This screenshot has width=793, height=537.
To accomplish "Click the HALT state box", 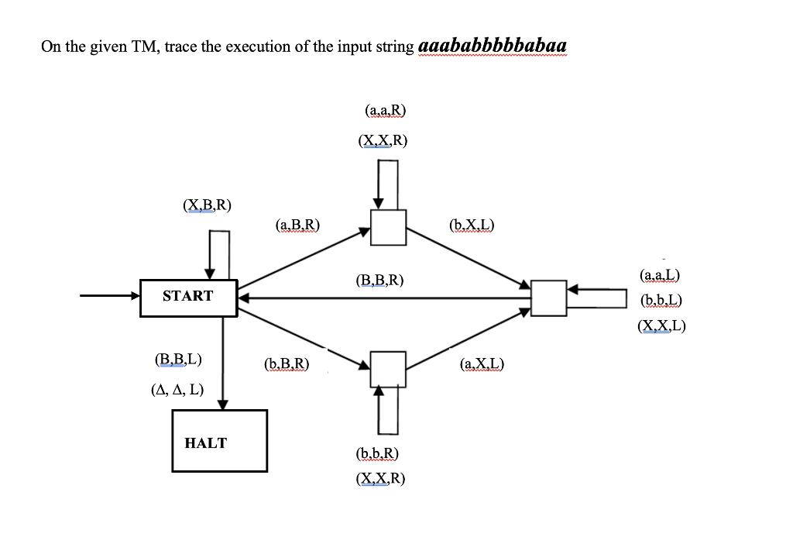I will coord(219,441).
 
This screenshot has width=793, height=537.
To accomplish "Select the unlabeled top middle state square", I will coord(388,226).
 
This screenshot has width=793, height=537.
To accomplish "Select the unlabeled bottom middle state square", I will coord(388,368).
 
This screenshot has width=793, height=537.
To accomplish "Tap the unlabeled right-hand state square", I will coord(549,298).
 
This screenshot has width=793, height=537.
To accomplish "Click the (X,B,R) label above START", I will coord(207,205).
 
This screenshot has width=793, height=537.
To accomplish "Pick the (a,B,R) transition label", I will coord(297,225).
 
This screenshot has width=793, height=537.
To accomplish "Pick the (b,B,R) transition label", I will coord(287,363).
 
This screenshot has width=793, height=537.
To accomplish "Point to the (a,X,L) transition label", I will coord(482,363).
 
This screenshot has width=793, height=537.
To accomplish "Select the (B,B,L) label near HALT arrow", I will coord(179,360).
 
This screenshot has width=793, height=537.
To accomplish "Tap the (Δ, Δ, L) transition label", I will coord(177,390).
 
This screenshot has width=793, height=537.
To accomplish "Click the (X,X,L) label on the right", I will coord(661,326).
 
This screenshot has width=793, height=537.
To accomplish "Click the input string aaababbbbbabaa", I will coord(493,46).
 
